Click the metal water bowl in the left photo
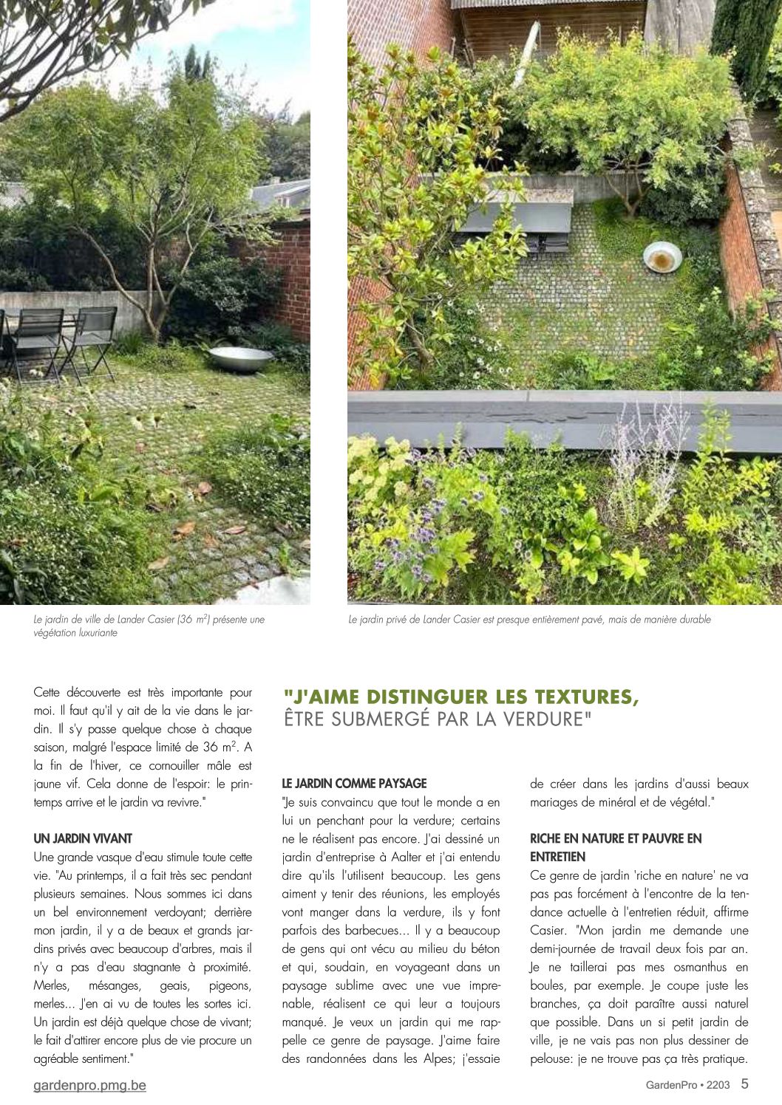click(x=240, y=360)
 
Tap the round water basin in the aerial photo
click(x=662, y=258)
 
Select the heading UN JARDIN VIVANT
click(x=83, y=838)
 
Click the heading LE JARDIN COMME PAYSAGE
click(x=354, y=783)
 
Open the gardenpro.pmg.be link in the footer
click(x=90, y=1085)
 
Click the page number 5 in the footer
click(x=744, y=1084)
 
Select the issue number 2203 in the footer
click(x=718, y=1085)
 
